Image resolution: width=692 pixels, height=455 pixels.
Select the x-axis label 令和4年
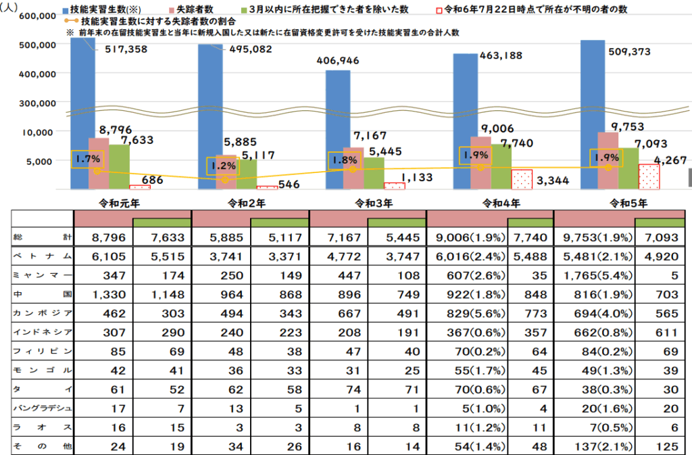[501, 201]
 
